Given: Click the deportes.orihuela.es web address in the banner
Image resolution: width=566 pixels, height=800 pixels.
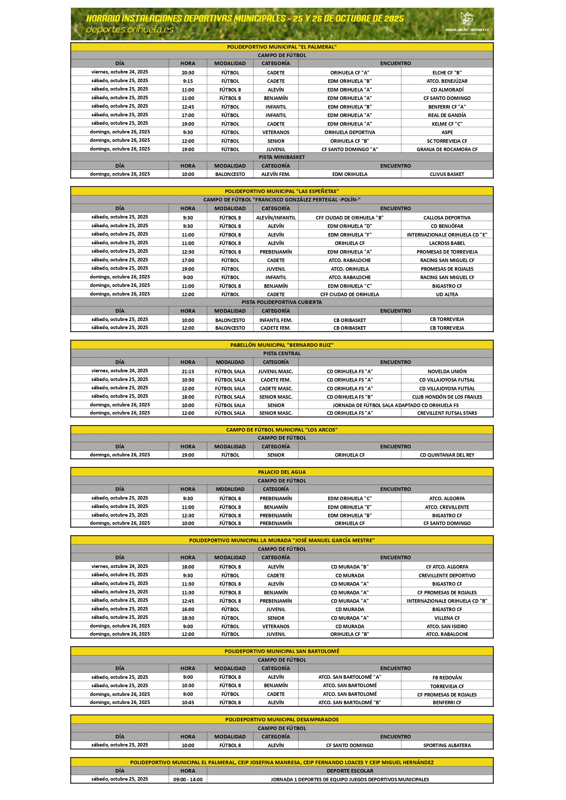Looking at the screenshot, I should pyautogui.click(x=130, y=30).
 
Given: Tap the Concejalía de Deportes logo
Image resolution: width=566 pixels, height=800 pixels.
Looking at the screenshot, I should pyautogui.click(x=467, y=23).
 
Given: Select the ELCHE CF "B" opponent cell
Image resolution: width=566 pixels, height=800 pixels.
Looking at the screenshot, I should pyautogui.click(x=447, y=73).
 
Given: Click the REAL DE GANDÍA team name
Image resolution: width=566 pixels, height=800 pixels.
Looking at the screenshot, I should pyautogui.click(x=447, y=115).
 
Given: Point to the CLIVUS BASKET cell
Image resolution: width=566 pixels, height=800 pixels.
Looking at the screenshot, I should pyautogui.click(x=447, y=174).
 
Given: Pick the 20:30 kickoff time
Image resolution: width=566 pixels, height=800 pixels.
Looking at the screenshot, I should pyautogui.click(x=188, y=73).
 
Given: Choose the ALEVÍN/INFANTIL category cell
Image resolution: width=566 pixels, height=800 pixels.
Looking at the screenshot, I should pyautogui.click(x=276, y=218).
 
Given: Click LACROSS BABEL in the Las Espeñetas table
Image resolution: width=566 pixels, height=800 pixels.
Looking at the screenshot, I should pyautogui.click(x=447, y=243).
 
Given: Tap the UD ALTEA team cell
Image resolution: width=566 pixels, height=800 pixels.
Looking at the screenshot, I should pyautogui.click(x=447, y=294).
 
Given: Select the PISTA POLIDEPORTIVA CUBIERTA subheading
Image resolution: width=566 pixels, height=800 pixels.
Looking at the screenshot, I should pyautogui.click(x=282, y=302).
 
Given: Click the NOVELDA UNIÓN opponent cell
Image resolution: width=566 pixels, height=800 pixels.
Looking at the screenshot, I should pyautogui.click(x=447, y=371).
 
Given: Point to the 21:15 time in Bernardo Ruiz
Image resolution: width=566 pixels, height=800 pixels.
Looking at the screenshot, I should pyautogui.click(x=188, y=371).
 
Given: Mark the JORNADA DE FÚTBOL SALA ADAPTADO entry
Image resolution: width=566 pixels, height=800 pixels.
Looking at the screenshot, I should pyautogui.click(x=395, y=405).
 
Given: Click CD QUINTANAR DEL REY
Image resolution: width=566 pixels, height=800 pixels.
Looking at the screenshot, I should pyautogui.click(x=447, y=455).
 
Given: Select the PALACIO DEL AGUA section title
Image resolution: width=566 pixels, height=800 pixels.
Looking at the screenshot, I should pyautogui.click(x=282, y=472).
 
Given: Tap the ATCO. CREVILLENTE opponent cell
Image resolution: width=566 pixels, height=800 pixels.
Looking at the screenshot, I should pyautogui.click(x=447, y=507).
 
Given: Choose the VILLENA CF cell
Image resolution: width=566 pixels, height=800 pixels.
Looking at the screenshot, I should pyautogui.click(x=447, y=618).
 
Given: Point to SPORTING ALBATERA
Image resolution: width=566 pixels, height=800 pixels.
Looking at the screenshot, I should pyautogui.click(x=447, y=745).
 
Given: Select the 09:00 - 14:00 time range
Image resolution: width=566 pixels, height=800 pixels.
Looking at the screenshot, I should pyautogui.click(x=188, y=779).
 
